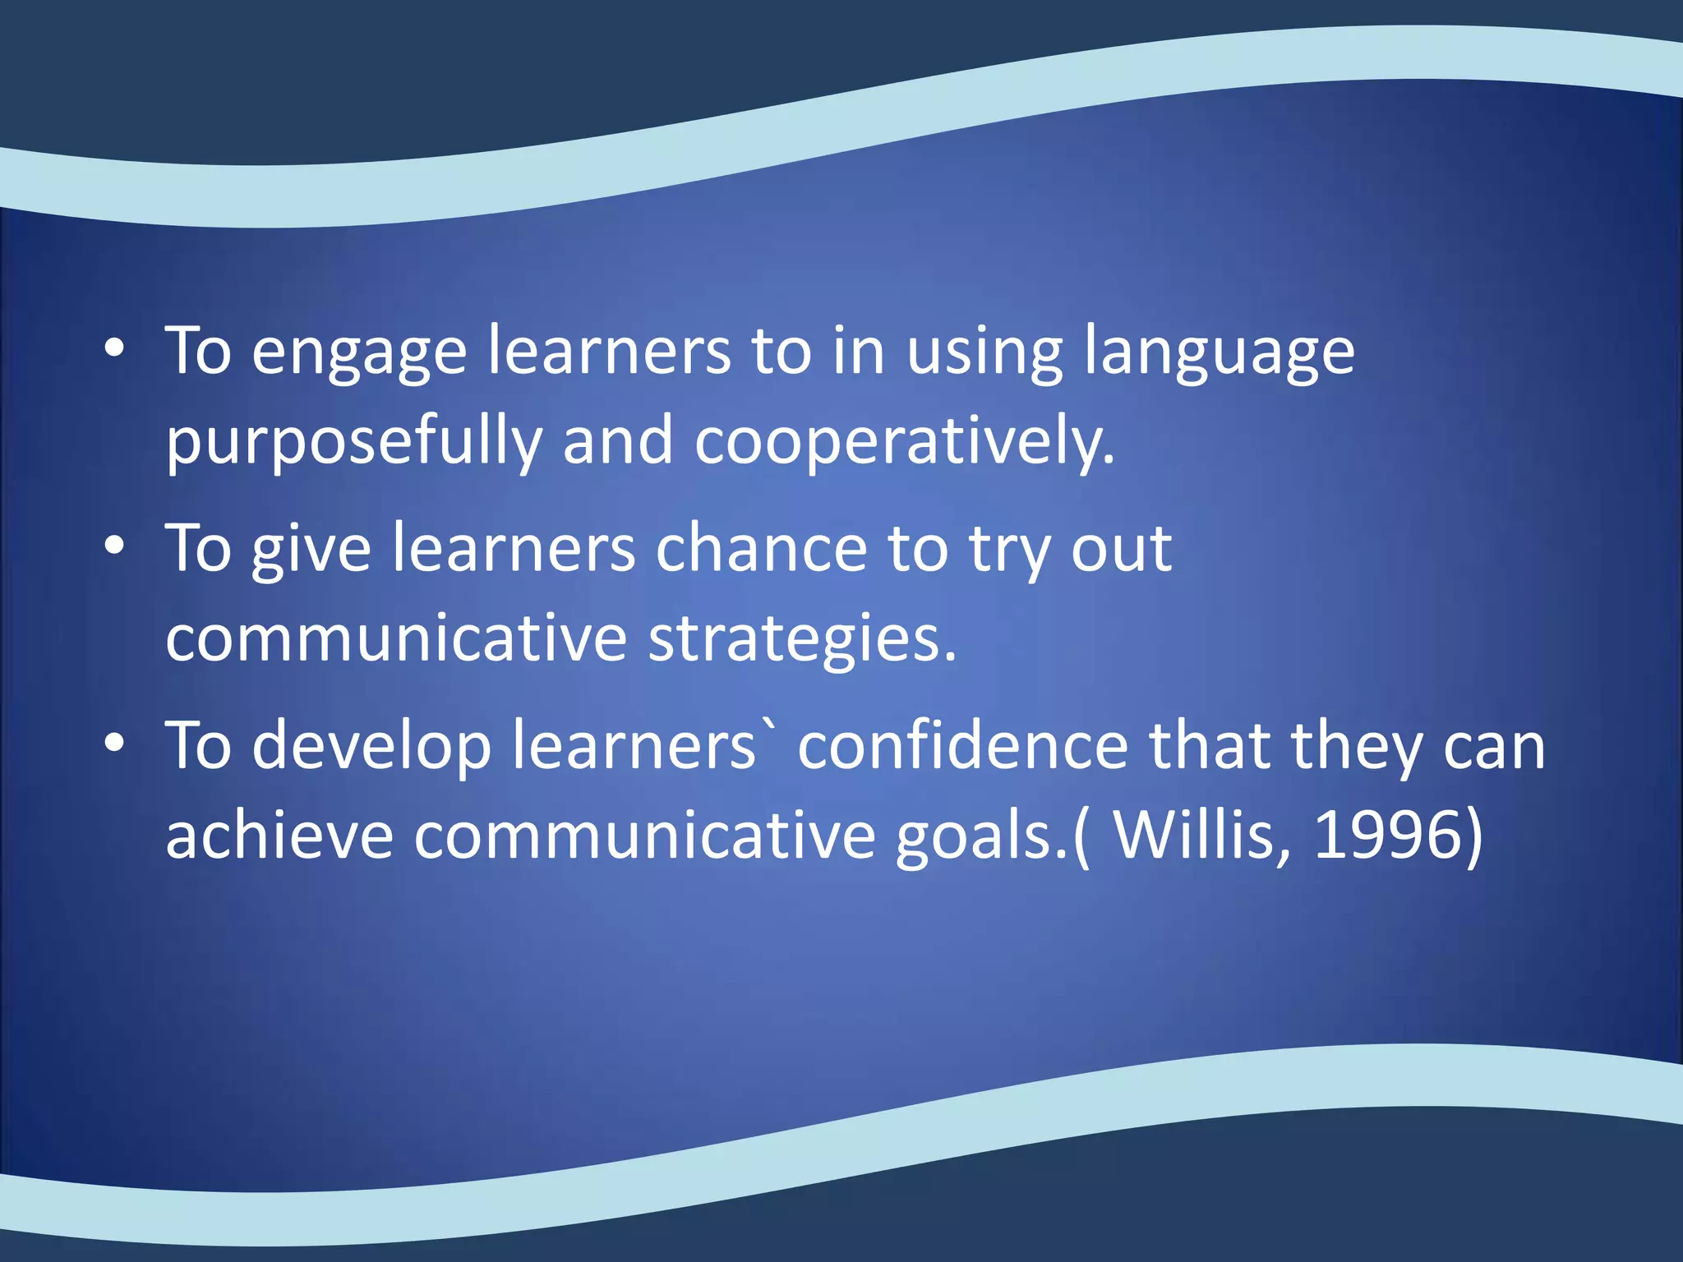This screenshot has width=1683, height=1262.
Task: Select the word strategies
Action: pyautogui.click(x=802, y=639)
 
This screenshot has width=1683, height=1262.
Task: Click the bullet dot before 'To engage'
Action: pyautogui.click(x=114, y=348)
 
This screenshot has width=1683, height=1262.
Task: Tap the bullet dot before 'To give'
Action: pyautogui.click(x=114, y=546)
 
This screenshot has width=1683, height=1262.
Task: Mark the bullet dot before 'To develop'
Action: pyautogui.click(x=114, y=743)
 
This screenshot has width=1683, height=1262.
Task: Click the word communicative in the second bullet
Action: pyautogui.click(x=396, y=639)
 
